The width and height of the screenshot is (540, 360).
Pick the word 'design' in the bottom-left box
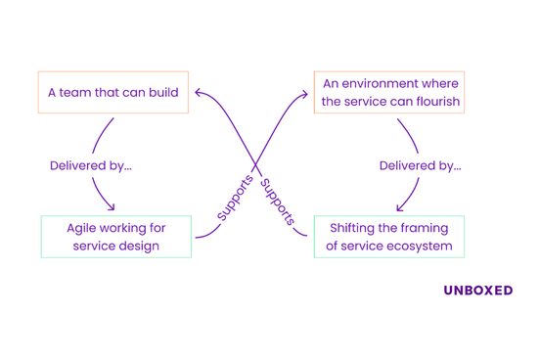click(139, 246)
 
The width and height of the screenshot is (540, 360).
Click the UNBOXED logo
click(477, 291)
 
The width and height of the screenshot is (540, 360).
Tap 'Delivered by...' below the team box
click(90, 166)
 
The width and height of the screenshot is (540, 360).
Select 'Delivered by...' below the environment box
click(420, 166)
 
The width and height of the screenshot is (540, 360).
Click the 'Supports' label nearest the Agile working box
click(235, 198)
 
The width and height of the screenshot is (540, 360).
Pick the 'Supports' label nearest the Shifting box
click(278, 202)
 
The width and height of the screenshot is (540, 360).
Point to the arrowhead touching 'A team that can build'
click(198, 93)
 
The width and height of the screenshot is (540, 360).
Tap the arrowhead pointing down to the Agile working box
click(111, 206)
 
